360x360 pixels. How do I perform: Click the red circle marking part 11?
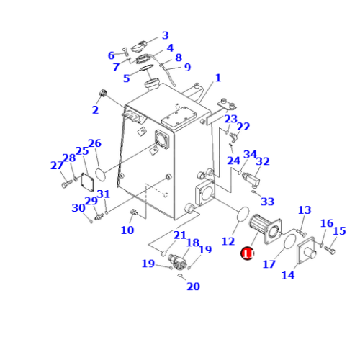[247, 253]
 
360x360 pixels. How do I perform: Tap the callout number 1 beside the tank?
[217, 78]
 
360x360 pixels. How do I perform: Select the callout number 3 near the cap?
[165, 35]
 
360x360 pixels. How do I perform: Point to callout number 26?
[94, 143]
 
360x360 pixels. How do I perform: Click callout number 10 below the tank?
[127, 230]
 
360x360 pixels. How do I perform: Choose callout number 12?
[228, 241]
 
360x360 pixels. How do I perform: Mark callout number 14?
[288, 274]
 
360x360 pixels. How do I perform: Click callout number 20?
[193, 287]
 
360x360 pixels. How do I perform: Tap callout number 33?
[267, 202]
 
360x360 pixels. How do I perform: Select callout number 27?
[57, 166]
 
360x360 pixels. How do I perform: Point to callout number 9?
[187, 68]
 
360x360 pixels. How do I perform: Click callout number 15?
[339, 231]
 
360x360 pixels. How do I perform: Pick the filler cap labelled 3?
[140, 47]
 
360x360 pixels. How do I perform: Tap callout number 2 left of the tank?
[94, 109]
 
